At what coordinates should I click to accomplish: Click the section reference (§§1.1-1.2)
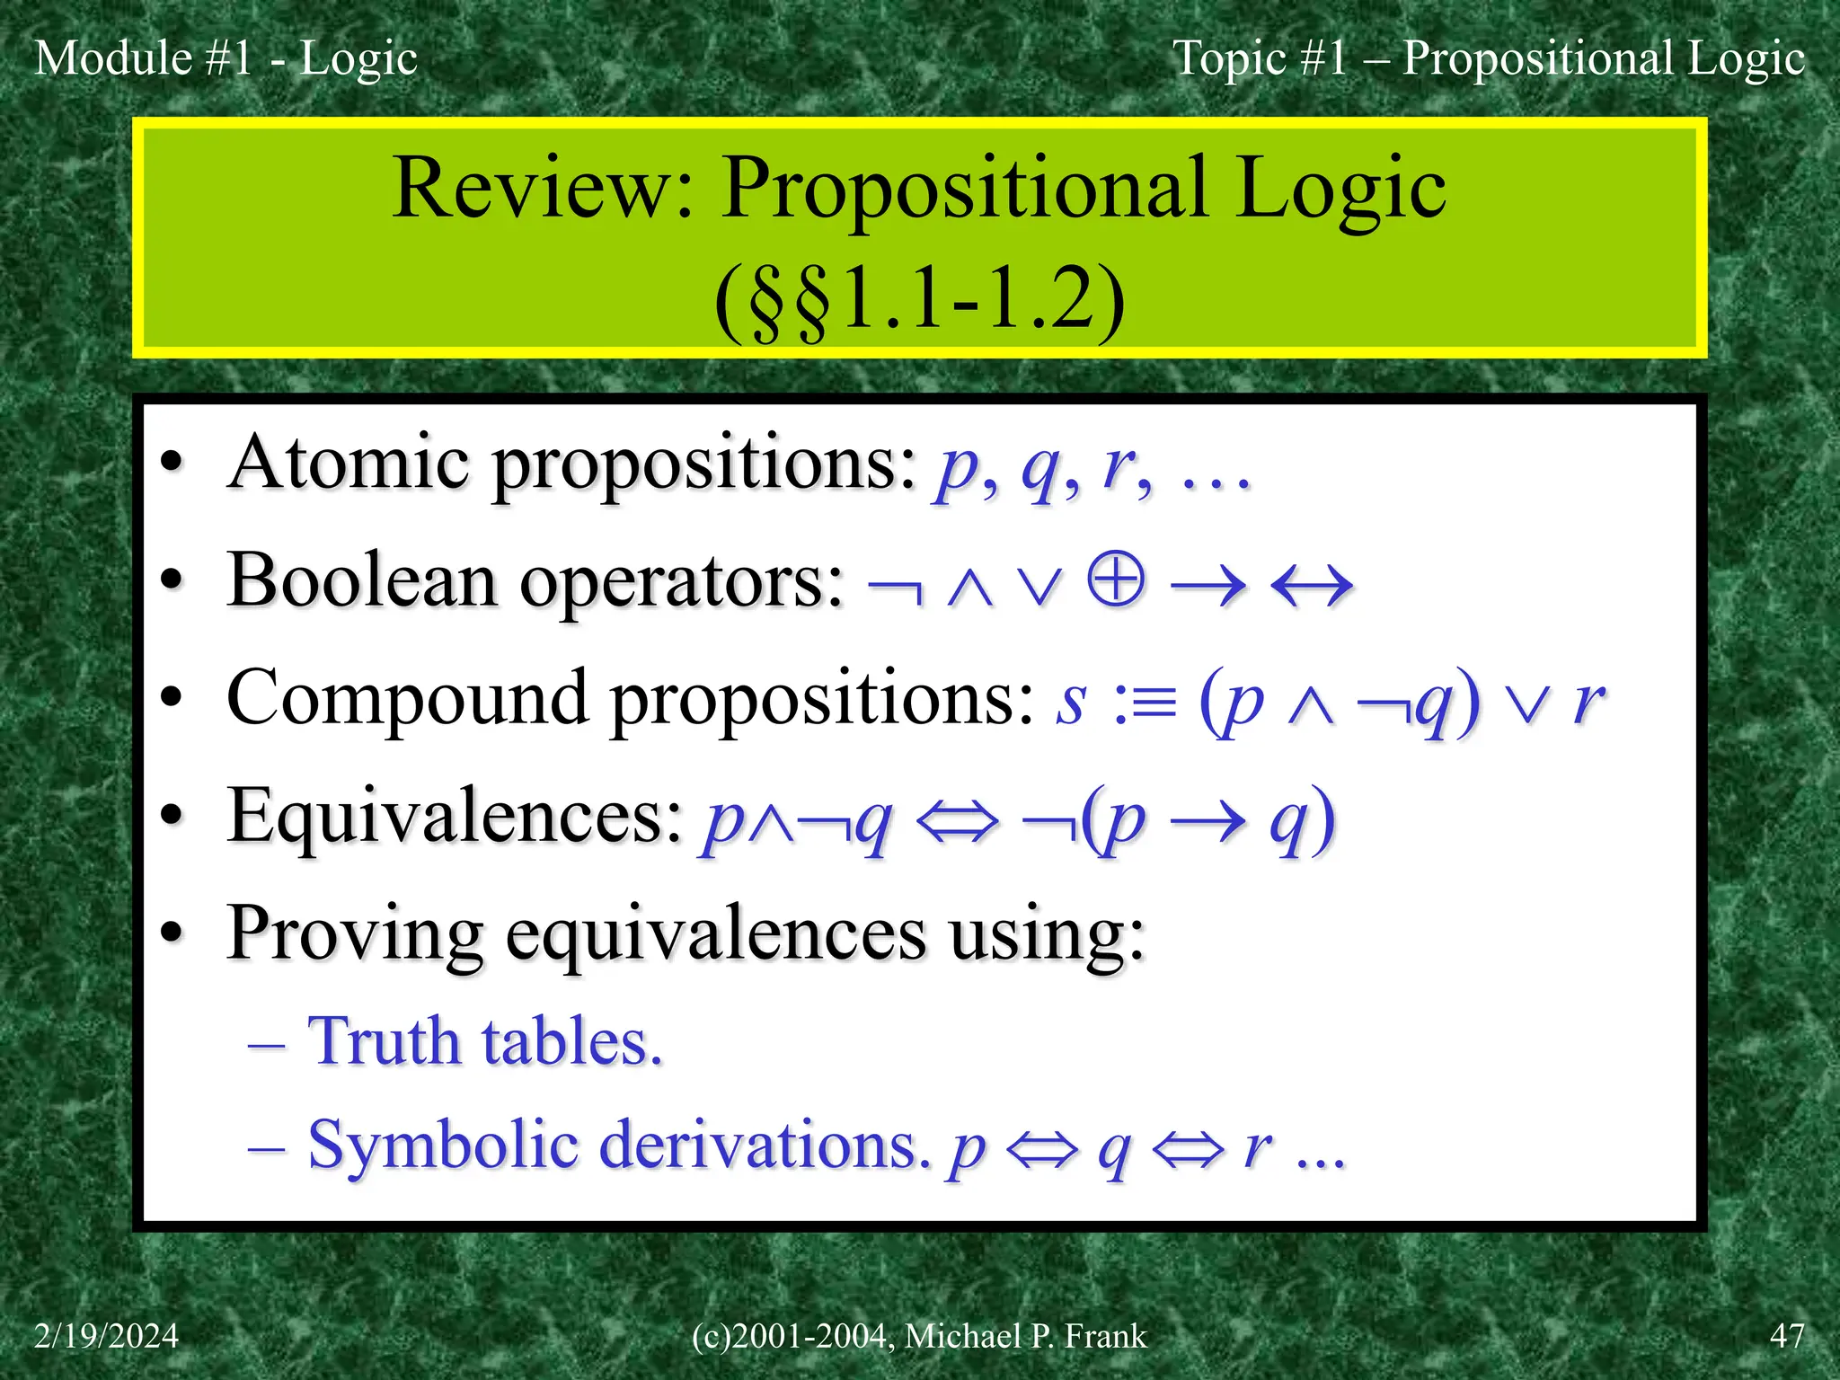pyautogui.click(x=919, y=301)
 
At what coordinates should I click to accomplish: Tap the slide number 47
pyautogui.click(x=1786, y=1336)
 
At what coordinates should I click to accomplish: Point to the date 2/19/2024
pyautogui.click(x=106, y=1336)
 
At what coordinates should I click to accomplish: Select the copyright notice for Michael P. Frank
pyautogui.click(x=919, y=1336)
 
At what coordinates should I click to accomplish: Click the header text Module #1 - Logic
pyautogui.click(x=226, y=58)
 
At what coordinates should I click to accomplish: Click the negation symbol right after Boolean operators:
pyautogui.click(x=895, y=588)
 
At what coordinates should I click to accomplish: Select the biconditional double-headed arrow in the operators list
pyautogui.click(x=1312, y=586)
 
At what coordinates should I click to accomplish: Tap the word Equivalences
pyautogui.click(x=455, y=816)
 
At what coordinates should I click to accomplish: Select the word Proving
pyautogui.click(x=356, y=935)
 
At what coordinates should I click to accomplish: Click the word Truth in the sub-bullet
pyautogui.click(x=385, y=1042)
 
